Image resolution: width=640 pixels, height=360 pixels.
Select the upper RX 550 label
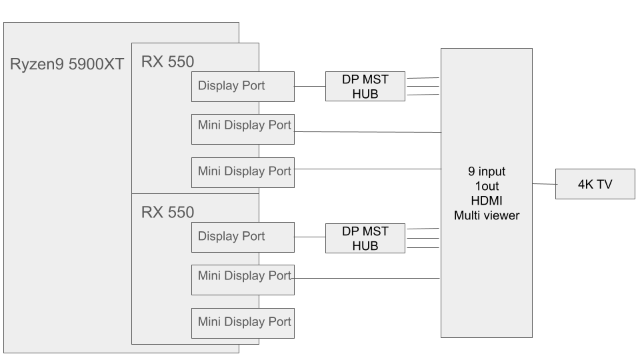[167, 63]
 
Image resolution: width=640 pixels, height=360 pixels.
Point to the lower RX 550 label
[167, 213]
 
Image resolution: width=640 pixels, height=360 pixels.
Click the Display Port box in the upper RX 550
[243, 86]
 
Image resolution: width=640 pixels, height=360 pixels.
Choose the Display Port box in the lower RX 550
[243, 237]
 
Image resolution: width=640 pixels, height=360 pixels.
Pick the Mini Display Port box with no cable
[243, 323]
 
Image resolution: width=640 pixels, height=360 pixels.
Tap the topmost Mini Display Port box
[243, 125]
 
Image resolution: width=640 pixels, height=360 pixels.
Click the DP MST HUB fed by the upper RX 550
[365, 86]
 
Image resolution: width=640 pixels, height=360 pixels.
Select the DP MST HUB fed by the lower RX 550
[365, 237]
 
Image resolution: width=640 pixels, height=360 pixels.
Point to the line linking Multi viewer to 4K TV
[544, 185]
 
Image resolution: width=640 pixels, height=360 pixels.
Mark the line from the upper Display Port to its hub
[310, 86]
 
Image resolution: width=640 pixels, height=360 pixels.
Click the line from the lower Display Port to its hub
[310, 237]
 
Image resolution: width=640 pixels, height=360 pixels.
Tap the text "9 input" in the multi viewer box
[487, 171]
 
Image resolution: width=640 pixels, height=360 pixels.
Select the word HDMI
[487, 200]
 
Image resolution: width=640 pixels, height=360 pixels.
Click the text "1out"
[487, 186]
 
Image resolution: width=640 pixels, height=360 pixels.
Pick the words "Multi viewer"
[487, 215]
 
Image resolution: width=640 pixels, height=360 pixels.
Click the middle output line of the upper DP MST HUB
[423, 86]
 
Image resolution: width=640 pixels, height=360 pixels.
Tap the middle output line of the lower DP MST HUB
[423, 238]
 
